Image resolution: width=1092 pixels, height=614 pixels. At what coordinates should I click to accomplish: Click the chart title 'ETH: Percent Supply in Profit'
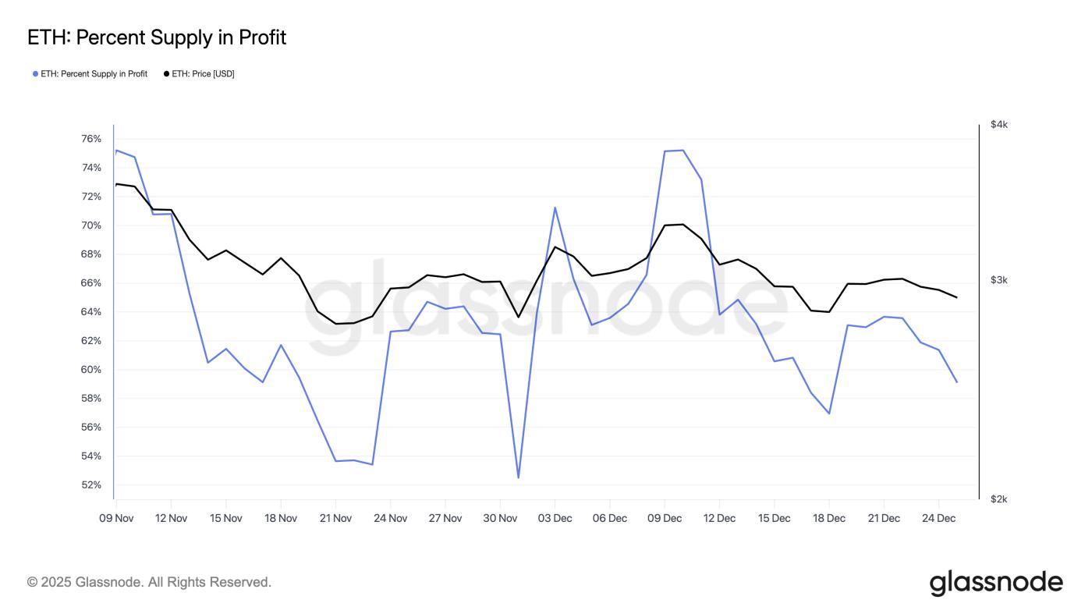pos(157,37)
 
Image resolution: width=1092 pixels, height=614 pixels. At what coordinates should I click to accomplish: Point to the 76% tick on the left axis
pos(91,139)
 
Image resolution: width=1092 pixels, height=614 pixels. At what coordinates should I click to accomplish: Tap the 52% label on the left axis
pos(91,485)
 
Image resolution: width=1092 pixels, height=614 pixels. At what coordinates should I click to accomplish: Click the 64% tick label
pos(91,312)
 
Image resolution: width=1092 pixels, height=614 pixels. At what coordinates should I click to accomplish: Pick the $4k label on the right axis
pos(999,125)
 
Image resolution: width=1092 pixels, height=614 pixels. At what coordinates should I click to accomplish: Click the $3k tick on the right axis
pos(999,280)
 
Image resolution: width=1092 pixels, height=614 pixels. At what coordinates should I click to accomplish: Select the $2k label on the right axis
pos(999,499)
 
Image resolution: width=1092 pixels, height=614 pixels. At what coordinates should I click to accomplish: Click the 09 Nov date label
pos(116,518)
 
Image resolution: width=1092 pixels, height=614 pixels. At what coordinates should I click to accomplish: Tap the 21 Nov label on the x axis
pos(335,518)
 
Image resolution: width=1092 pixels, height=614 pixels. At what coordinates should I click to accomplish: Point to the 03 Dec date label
pos(555,518)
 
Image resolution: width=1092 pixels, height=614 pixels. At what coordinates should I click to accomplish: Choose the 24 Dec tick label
pos(938,518)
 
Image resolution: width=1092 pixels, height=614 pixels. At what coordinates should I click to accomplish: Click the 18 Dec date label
pos(829,518)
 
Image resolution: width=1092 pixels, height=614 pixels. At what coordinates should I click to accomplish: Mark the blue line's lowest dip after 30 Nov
pos(518,477)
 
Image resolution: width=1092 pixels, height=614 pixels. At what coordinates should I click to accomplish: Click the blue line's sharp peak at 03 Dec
pos(555,208)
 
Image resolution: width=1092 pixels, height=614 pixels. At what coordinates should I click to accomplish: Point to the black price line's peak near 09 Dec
pos(682,225)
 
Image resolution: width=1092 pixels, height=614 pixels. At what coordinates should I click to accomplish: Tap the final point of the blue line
pos(956,382)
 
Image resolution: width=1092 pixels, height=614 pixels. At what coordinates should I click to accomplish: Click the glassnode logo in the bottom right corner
pos(996,583)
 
